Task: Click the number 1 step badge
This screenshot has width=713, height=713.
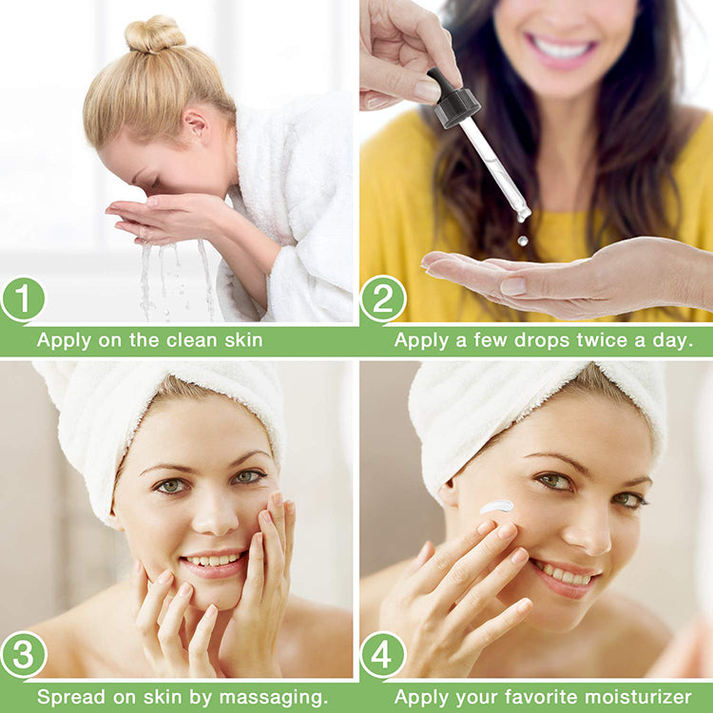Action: (x=24, y=299)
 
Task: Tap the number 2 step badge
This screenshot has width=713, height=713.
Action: (x=383, y=299)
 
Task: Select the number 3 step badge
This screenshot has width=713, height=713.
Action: (x=24, y=656)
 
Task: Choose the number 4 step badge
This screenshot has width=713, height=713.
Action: (x=383, y=656)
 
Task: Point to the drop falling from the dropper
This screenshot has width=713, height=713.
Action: (x=522, y=241)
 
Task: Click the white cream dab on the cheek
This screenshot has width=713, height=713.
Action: (x=496, y=507)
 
